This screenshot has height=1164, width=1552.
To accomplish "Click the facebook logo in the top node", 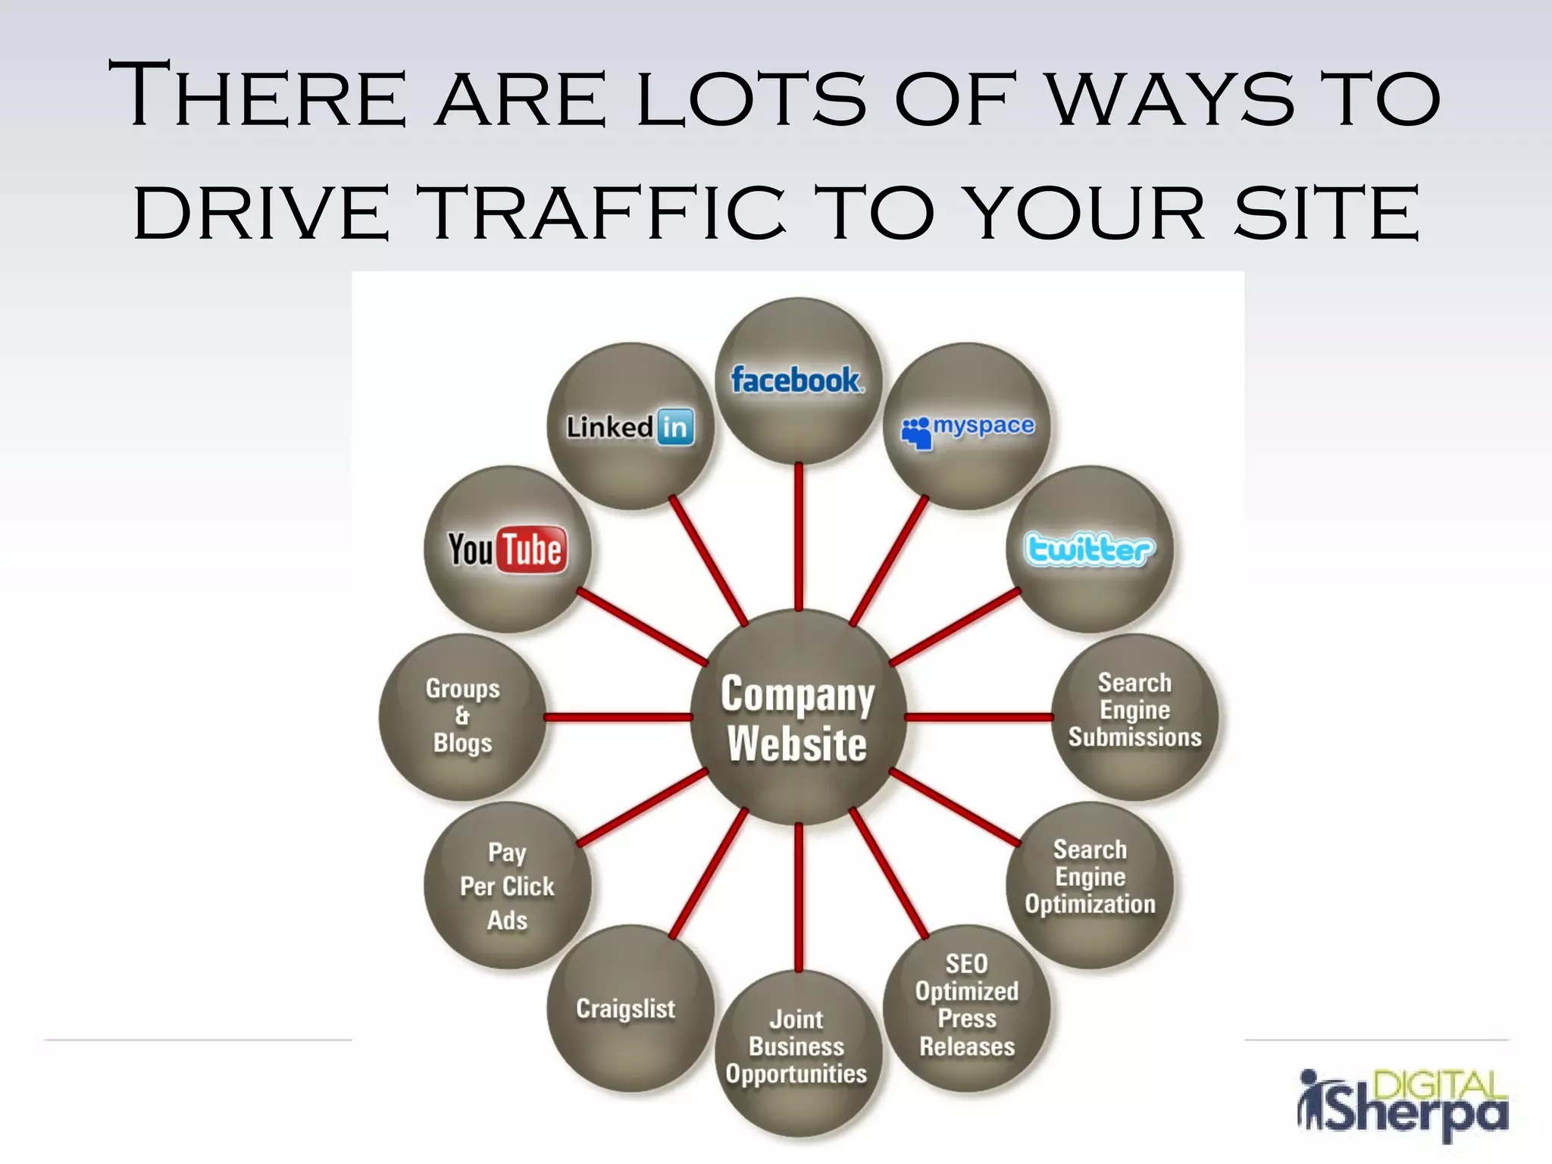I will click(x=796, y=380).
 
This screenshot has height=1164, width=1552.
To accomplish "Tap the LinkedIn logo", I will click(x=630, y=427).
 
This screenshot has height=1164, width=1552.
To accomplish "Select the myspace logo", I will click(x=968, y=430).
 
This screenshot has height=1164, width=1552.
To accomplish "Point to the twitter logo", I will click(x=1089, y=549).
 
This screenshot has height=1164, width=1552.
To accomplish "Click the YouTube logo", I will click(x=507, y=549).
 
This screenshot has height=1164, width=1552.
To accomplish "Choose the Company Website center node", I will click(x=798, y=718).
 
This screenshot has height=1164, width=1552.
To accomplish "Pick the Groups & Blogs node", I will click(x=462, y=717).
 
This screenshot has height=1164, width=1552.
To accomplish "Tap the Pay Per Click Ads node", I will click(x=507, y=885).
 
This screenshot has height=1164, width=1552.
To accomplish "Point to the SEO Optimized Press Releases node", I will click(x=967, y=1006).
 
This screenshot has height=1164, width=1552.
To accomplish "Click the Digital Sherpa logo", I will click(x=1403, y=1103).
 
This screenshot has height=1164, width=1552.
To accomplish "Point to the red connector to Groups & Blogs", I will click(x=618, y=717).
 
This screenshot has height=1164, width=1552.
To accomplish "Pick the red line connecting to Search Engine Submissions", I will click(x=978, y=717).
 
